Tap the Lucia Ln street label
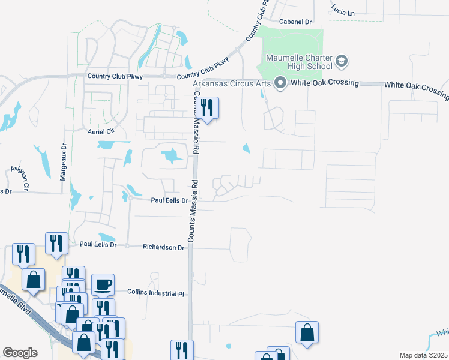click(343, 9)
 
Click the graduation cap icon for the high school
click(342, 61)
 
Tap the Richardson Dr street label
click(164, 247)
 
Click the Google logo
click(20, 353)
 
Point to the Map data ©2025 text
click(423, 355)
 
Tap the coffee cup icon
click(103, 284)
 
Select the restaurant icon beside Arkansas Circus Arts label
click(208, 108)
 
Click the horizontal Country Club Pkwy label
click(115, 76)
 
